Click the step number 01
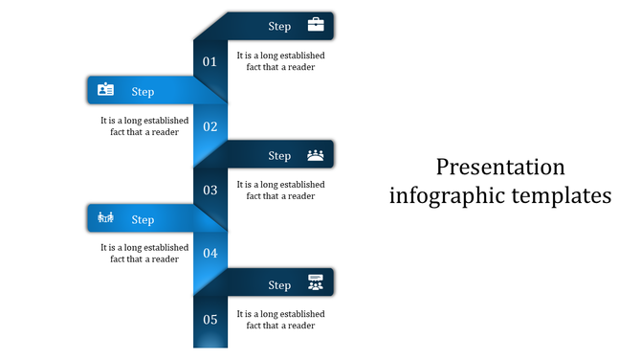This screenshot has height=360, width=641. click(x=210, y=62)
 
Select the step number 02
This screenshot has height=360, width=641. click(x=210, y=126)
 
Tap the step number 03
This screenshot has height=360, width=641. click(x=210, y=191)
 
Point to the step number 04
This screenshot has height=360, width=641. click(x=210, y=254)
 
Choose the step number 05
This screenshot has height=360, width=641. click(x=210, y=319)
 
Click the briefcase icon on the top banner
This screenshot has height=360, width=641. click(x=315, y=26)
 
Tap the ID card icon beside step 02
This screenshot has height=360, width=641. click(x=105, y=90)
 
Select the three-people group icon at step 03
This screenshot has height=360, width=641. click(x=315, y=154)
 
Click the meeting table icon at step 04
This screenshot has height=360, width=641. click(x=105, y=218)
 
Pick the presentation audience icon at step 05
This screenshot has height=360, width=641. click(x=315, y=282)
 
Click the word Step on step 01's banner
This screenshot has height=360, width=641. click(x=279, y=27)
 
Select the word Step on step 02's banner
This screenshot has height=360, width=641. click(x=143, y=92)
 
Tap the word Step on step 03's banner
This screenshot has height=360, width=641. click(x=279, y=156)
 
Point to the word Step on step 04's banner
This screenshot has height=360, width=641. click(x=143, y=220)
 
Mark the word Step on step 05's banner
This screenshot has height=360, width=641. click(x=279, y=285)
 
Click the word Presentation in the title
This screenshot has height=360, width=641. click(x=500, y=168)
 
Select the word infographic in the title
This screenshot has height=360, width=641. click(x=449, y=196)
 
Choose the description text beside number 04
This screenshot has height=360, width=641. click(x=144, y=253)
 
